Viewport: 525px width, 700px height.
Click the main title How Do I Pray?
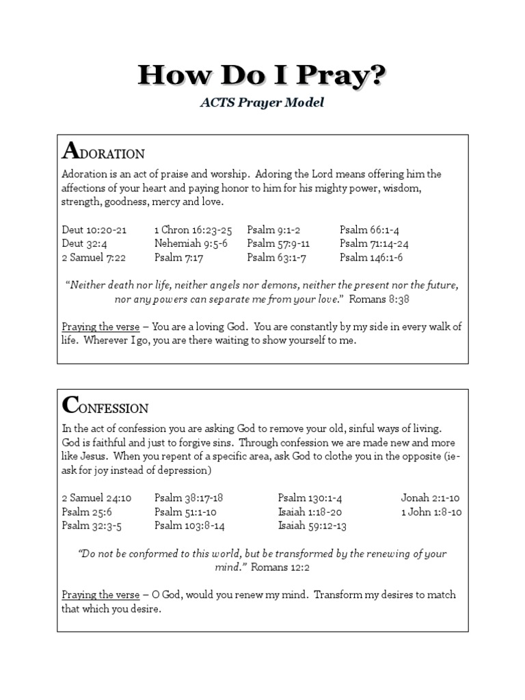(262, 75)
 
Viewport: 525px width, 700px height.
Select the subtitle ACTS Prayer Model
(262, 103)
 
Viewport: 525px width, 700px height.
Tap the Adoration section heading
(103, 151)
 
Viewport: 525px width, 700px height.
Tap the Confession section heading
(105, 406)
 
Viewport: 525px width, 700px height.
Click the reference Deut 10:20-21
(94, 230)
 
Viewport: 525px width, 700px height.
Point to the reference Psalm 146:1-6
(372, 258)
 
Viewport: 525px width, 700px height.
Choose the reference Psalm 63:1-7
(276, 258)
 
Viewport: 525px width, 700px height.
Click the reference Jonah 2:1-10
(431, 498)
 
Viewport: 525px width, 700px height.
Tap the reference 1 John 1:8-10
(431, 512)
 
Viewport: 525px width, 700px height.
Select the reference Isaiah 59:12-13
(312, 526)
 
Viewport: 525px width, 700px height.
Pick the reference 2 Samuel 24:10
(96, 498)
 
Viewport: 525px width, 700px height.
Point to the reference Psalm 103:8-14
(189, 526)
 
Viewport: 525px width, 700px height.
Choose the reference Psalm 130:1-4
(309, 498)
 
